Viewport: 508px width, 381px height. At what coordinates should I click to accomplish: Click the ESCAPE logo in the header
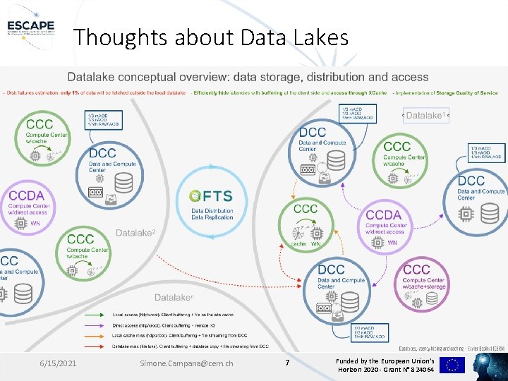(30, 20)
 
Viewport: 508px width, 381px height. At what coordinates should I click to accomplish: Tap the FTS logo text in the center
(217, 196)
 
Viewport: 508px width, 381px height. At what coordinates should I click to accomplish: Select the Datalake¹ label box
(425, 115)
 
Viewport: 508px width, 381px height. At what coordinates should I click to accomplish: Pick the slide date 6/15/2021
(59, 363)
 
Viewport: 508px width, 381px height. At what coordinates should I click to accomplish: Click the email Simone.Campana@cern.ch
(187, 363)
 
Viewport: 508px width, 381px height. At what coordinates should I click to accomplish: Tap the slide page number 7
(287, 363)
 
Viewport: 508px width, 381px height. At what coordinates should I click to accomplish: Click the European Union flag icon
(452, 365)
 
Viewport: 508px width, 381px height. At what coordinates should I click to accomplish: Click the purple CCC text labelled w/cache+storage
(417, 270)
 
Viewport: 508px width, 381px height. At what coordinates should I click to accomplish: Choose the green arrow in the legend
(97, 315)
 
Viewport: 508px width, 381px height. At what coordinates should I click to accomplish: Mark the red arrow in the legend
(97, 336)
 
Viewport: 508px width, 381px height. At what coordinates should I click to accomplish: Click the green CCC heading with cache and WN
(306, 209)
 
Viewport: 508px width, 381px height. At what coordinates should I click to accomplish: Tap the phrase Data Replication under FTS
(212, 217)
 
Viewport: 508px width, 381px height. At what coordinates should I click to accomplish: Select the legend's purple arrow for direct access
(97, 325)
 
